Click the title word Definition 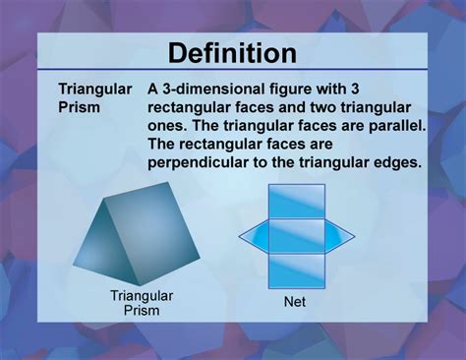232,52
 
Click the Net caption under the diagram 295,302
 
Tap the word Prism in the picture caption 142,311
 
